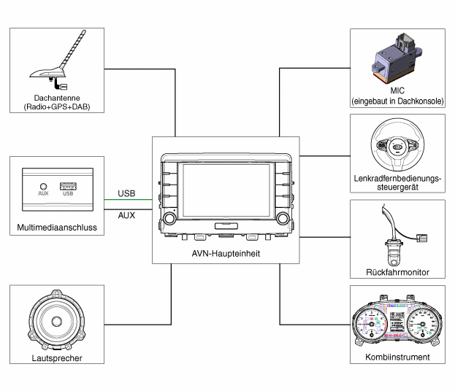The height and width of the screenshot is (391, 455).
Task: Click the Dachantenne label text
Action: (x=56, y=98)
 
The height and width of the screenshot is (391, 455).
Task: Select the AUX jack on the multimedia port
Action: (x=43, y=187)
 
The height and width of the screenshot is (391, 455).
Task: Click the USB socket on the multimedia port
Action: (x=68, y=186)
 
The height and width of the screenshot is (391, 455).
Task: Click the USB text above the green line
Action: (x=126, y=193)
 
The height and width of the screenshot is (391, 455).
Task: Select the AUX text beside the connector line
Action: (x=126, y=215)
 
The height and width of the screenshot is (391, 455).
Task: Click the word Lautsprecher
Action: (x=57, y=358)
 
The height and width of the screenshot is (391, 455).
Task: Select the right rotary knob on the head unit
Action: (x=282, y=218)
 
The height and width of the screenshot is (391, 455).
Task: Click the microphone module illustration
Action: (x=397, y=59)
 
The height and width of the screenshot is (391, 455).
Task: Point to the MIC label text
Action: (x=397, y=91)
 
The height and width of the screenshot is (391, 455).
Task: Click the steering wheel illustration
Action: (x=397, y=146)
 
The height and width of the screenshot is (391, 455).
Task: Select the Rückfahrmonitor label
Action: (x=397, y=273)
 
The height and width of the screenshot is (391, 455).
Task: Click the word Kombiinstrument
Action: (x=397, y=357)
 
